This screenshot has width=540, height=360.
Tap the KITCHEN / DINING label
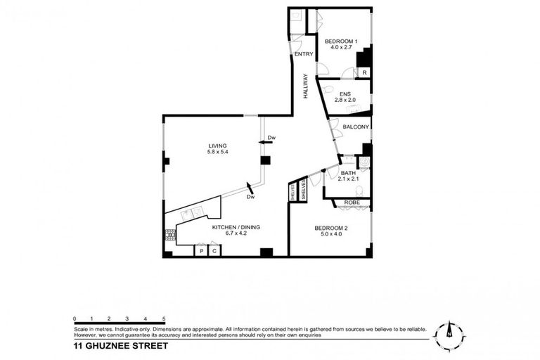tap(237, 226)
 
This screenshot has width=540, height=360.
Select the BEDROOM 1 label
tap(341, 41)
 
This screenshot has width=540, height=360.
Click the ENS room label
tap(345, 94)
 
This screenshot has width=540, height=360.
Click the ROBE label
tap(352, 202)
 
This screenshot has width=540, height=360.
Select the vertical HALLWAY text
tap(306, 86)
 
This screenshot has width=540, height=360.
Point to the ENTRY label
tap(303, 54)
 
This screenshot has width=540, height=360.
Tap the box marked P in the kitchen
tap(201, 250)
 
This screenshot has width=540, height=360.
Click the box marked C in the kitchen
tap(214, 250)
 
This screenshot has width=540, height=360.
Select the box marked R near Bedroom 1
tap(364, 72)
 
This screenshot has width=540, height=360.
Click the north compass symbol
tap(449, 333)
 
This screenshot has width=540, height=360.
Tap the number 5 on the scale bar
tap(164, 320)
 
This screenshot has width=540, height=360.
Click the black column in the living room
tap(264, 160)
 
